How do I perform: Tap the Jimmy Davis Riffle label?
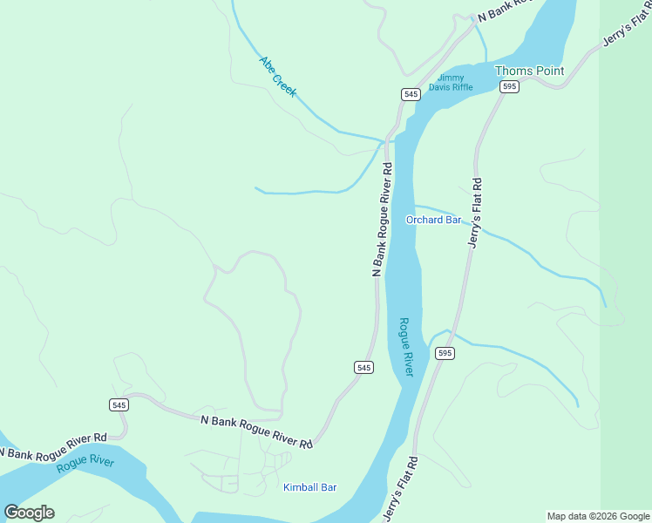pos(455,82)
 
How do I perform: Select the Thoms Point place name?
pos(529,71)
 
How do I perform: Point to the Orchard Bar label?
pos(433,220)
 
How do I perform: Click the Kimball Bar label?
pos(309,487)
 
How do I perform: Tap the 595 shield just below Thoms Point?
pos(510,86)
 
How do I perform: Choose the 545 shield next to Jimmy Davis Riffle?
pos(411,93)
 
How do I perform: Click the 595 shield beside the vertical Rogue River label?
pos(445,353)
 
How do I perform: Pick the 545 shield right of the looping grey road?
pos(364,368)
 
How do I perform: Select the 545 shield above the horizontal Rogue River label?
pos(119,404)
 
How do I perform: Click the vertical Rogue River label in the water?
pos(406,347)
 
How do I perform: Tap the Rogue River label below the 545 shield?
pos(85,462)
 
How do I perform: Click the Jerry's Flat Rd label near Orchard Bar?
pos(475,213)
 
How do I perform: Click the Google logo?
pos(30,513)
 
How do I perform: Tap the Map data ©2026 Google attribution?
pos(598,516)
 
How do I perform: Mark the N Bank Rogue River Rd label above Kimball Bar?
pos(256,431)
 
